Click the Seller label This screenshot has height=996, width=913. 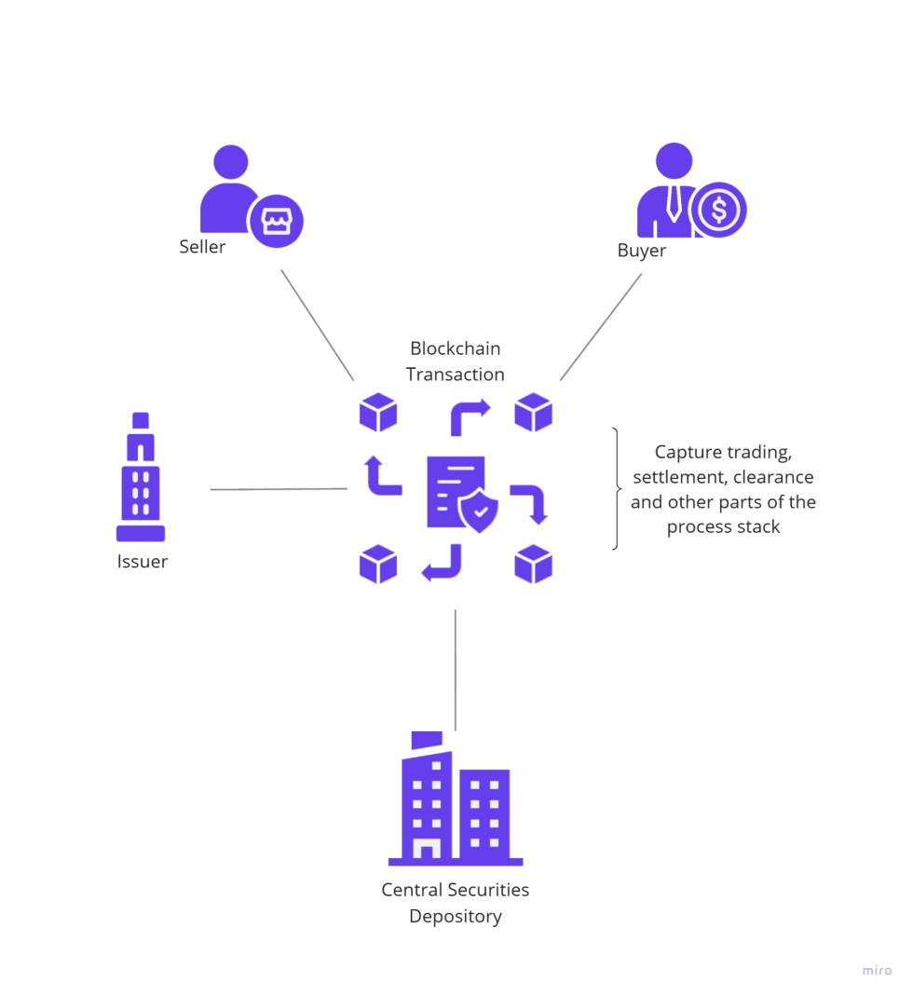[202, 248]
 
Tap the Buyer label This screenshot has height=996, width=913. [641, 251]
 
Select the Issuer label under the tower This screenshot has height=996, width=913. [143, 562]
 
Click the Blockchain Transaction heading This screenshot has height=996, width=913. [456, 362]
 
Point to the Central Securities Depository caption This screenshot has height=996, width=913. [456, 902]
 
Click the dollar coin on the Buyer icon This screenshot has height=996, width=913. [719, 211]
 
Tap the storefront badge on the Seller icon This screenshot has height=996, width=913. [277, 221]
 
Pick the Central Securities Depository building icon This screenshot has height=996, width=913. [456, 803]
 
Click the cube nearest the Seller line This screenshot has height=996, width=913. [378, 413]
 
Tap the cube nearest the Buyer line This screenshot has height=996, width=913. [534, 413]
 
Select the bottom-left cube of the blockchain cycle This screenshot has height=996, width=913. [378, 565]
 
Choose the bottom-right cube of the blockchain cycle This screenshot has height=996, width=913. [534, 565]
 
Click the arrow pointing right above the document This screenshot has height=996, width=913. [470, 416]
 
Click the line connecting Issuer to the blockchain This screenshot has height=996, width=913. [279, 488]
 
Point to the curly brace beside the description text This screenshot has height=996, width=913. [616, 488]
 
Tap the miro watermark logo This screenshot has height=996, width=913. [877, 970]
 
